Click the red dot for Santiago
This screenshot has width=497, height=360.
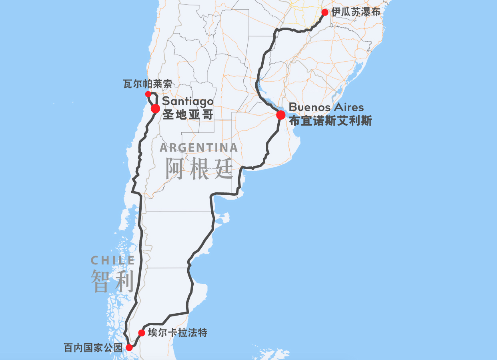pos(156,108)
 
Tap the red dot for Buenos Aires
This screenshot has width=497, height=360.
pos(281,115)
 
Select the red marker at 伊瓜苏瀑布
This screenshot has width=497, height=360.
pos(325,12)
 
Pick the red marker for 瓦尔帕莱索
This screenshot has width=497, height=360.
pos(148,94)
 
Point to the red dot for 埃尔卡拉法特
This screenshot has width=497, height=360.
pos(142,333)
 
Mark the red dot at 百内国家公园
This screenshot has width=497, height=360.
pos(129,347)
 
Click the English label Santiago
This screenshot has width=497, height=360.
pos(188,102)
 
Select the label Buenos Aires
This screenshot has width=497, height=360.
pos(326,107)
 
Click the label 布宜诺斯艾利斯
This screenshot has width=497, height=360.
pos(330,121)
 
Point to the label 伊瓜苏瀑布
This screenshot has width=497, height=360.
pos(355,12)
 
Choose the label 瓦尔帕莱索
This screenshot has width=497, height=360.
pos(148,84)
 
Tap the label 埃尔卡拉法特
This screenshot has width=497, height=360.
pos(178,332)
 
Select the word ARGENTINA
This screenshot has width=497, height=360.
pos(198,148)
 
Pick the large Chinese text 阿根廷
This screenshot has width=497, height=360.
pos(199,168)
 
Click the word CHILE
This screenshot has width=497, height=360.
pos(113,261)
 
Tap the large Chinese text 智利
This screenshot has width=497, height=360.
pos(112,281)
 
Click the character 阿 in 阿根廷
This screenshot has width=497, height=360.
pos(175,168)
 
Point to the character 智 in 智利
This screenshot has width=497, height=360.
pos(100,281)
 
